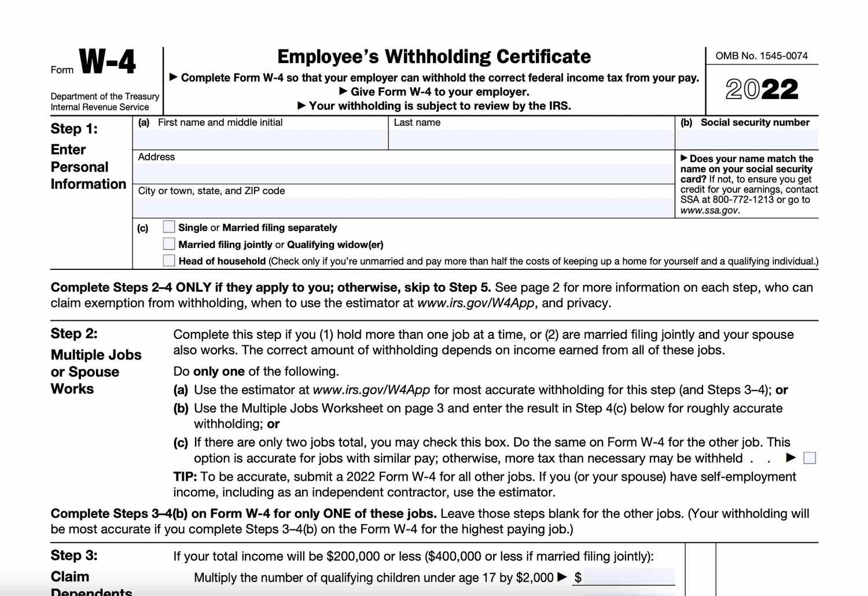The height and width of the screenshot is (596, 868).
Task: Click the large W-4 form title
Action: pyautogui.click(x=107, y=61)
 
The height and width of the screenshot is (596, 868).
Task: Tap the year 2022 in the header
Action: pyautogui.click(x=762, y=90)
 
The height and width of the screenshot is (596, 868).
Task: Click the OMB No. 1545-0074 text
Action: pyautogui.click(x=762, y=56)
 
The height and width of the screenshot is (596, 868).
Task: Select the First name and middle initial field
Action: pyautogui.click(x=260, y=139)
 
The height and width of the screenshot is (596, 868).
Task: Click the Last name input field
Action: pyautogui.click(x=531, y=139)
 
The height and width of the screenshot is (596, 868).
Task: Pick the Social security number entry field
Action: pyautogui.click(x=746, y=139)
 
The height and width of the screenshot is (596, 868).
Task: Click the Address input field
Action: pyautogui.click(x=403, y=173)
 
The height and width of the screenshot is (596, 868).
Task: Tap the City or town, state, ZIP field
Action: pyautogui.click(x=403, y=207)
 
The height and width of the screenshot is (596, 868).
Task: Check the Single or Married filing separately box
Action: pyautogui.click(x=169, y=227)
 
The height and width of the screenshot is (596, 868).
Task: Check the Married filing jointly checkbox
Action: pyautogui.click(x=169, y=244)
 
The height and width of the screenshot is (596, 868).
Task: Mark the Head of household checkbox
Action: pyautogui.click(x=169, y=261)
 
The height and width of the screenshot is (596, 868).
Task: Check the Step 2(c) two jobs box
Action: pyautogui.click(x=810, y=458)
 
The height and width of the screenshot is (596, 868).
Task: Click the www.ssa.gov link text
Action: pyautogui.click(x=709, y=210)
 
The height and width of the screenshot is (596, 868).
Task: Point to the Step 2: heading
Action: pyautogui.click(x=74, y=334)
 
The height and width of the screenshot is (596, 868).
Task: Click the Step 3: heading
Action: pyautogui.click(x=74, y=555)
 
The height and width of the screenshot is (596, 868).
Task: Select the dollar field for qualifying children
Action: pyautogui.click(x=628, y=577)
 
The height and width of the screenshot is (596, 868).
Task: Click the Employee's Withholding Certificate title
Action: pyautogui.click(x=434, y=57)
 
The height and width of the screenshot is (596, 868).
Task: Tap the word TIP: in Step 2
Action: pyautogui.click(x=185, y=477)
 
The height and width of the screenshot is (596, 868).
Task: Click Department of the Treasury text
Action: pyautogui.click(x=105, y=96)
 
